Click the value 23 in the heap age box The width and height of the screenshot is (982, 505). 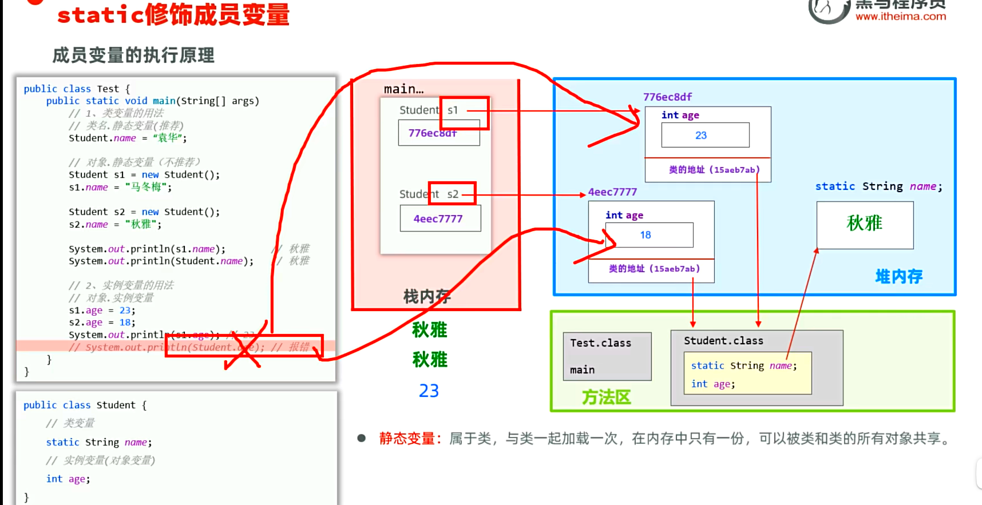coord(701,136)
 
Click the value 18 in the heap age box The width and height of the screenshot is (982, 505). coord(646,235)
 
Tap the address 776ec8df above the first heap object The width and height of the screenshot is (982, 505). coord(667,97)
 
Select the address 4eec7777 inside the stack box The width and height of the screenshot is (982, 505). coord(438,218)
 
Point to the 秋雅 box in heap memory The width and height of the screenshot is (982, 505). coord(865,224)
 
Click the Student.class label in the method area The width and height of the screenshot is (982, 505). coord(723,341)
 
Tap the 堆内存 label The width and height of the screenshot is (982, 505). coord(898,277)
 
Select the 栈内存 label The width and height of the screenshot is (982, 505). coord(427,296)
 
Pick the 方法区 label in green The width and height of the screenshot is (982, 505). coord(606,397)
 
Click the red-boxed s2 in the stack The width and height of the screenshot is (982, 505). coord(453,194)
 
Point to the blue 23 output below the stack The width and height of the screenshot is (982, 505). coord(429,391)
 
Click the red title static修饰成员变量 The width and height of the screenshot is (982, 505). coord(173,15)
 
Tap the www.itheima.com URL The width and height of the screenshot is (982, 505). coord(901,17)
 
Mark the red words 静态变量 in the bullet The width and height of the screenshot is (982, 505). coord(407,439)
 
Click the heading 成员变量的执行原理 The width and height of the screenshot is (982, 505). coord(133,55)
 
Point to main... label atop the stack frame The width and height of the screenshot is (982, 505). coord(403,89)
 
